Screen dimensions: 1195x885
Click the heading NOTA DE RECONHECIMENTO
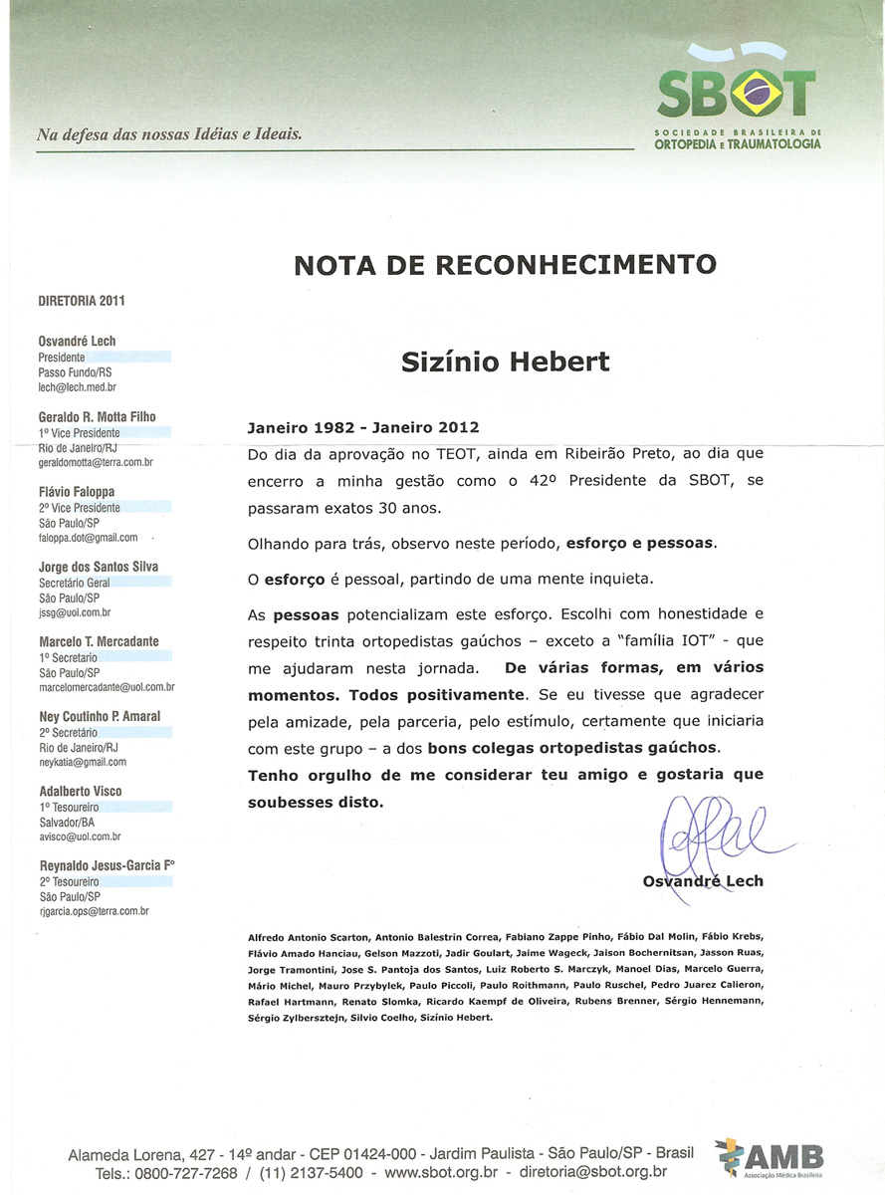point(505,265)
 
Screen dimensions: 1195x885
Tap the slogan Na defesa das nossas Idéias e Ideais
point(169,133)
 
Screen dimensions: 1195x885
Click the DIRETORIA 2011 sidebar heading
point(82,301)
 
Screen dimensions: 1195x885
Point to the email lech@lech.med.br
point(77,386)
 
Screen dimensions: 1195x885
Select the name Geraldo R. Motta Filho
point(97,417)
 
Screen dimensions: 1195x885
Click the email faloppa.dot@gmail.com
point(88,538)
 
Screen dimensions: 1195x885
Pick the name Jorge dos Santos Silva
point(98,568)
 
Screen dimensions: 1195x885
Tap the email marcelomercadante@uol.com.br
point(107,687)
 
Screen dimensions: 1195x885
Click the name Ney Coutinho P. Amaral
point(100,717)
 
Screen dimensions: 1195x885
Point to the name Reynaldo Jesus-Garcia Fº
point(107,866)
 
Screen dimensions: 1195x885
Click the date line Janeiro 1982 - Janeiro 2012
point(363,427)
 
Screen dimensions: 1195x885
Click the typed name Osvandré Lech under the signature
point(703,881)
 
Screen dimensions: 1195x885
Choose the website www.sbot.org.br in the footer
point(440,1173)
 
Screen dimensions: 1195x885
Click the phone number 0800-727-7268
point(181,1173)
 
